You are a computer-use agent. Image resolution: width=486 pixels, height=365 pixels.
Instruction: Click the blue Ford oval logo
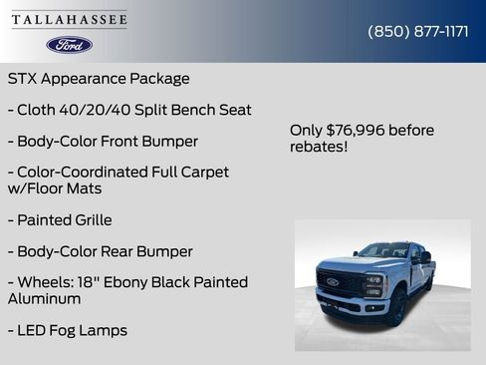coord(69,45)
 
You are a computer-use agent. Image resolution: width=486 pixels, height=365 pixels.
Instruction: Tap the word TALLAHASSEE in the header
coord(70,20)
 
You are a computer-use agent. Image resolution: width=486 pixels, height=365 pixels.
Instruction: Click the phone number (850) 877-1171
coord(418,31)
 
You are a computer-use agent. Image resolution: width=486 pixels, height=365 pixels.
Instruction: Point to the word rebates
coord(318,147)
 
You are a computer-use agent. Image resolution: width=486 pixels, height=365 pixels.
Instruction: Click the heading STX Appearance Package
coord(99,78)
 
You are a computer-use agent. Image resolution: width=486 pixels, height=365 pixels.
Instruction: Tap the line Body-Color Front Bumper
coord(103,141)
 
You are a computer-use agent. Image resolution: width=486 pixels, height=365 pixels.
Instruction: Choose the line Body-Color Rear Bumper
coord(100,251)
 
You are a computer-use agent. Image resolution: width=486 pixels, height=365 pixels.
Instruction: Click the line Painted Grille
coord(60,219)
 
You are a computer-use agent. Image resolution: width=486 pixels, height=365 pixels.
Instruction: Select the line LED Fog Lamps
coord(68,330)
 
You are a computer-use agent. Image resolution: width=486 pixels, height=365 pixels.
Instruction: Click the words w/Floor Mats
coord(55,187)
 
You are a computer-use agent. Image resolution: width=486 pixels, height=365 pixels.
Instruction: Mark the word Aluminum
coord(45,298)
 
